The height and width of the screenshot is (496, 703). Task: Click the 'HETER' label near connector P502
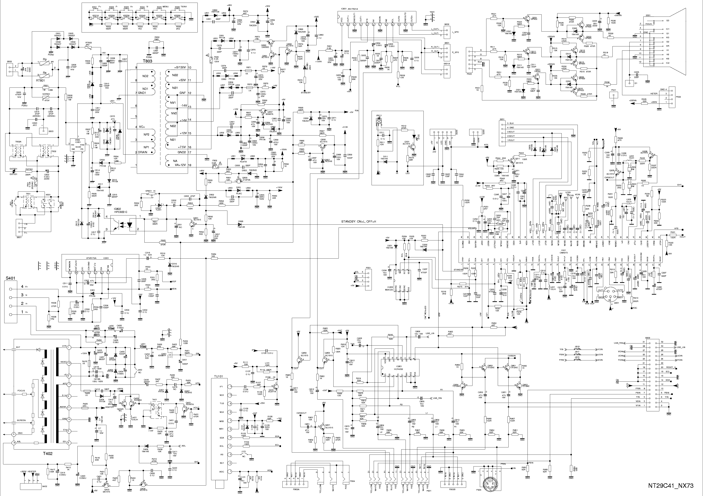click(x=651, y=93)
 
